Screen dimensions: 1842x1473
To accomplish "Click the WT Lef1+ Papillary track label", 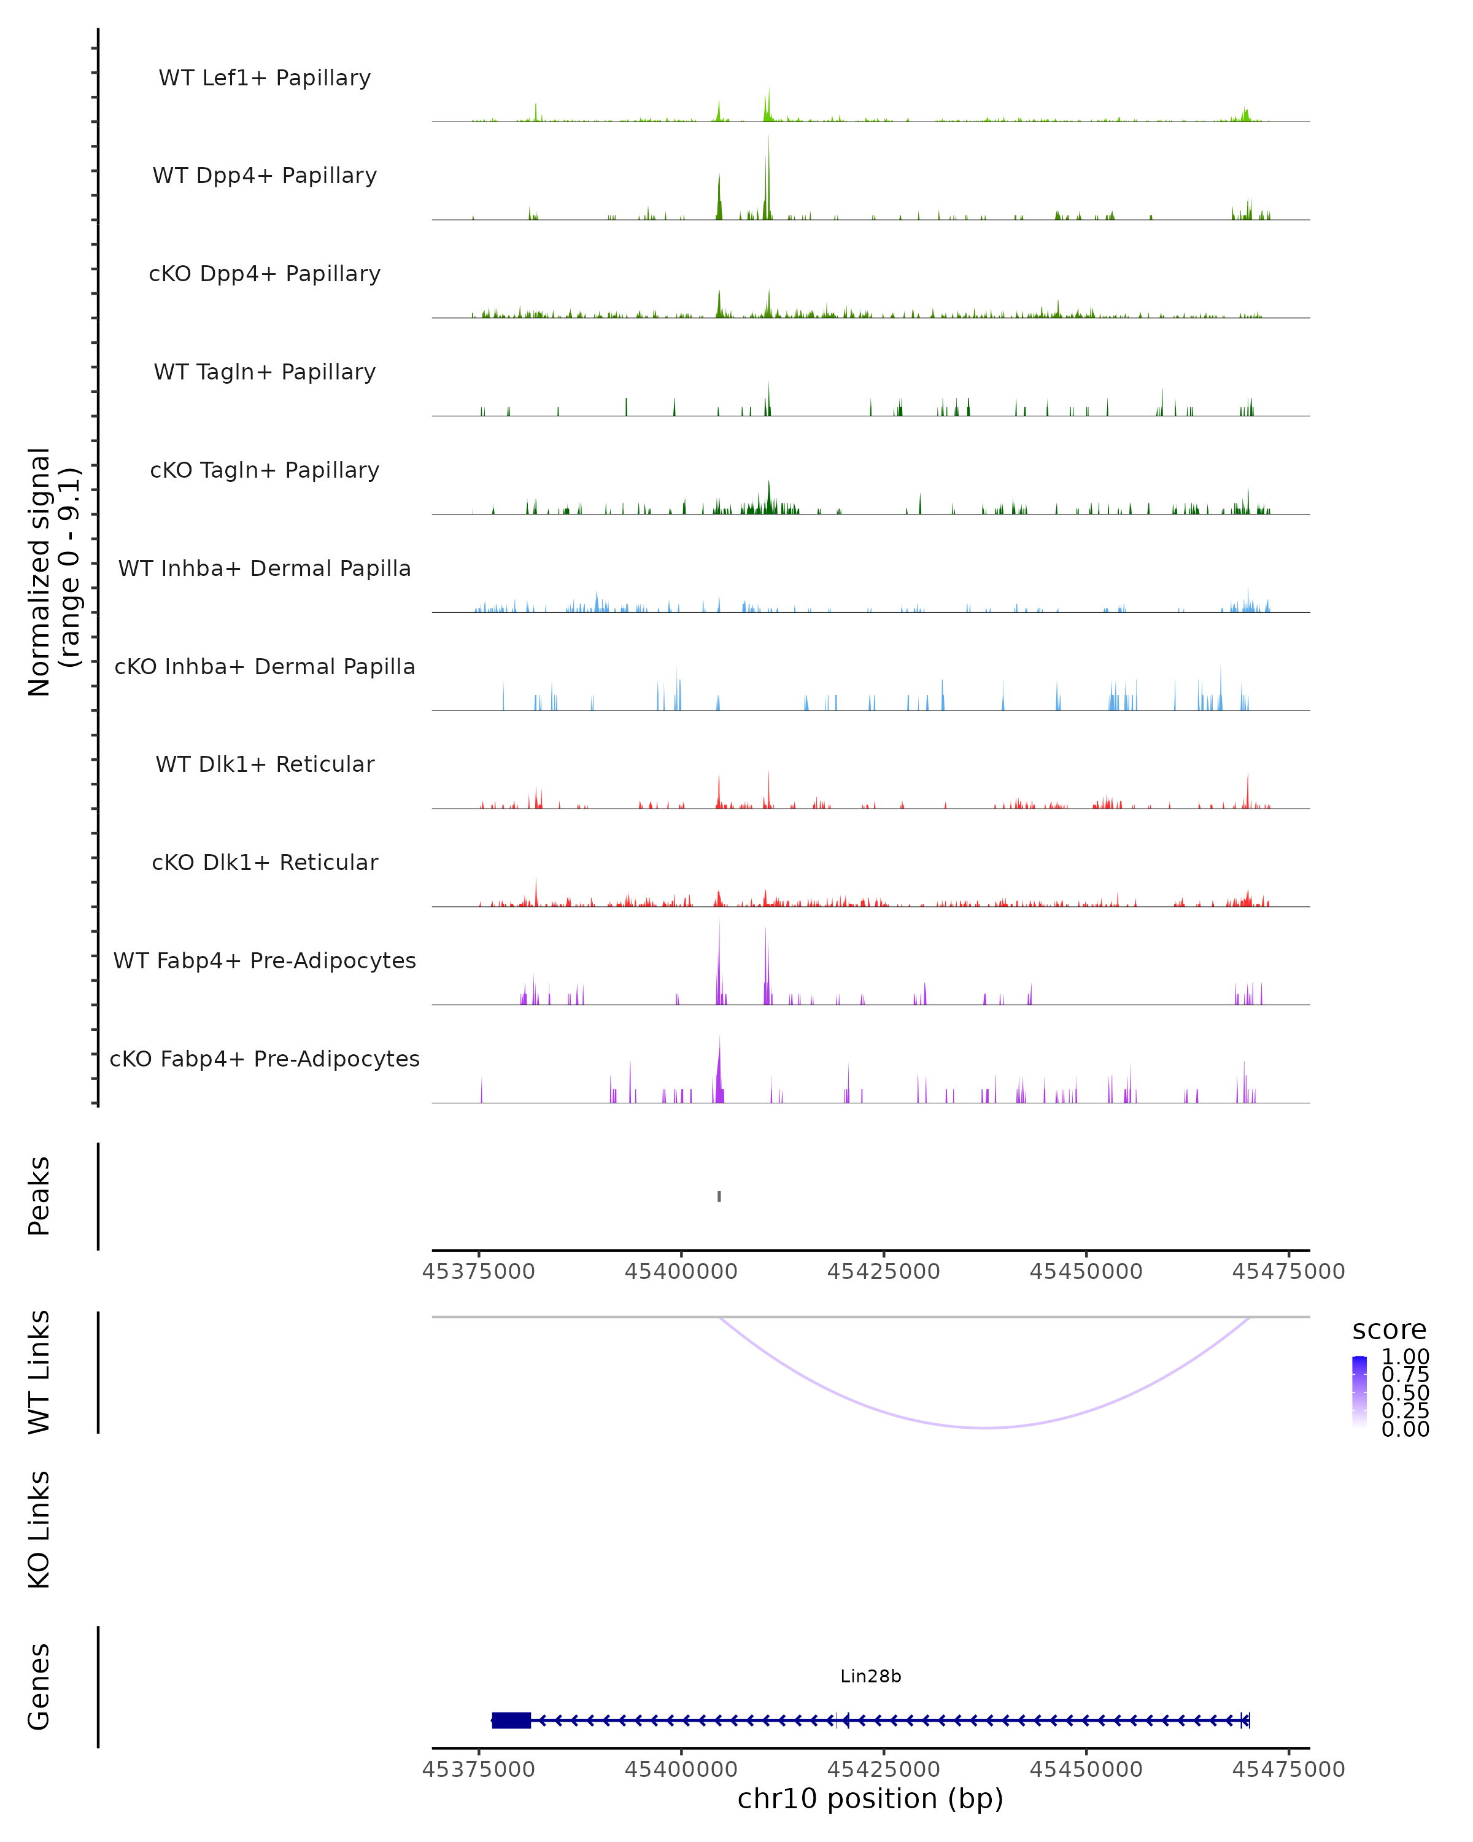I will (265, 78).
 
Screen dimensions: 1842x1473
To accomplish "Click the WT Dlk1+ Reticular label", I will (265, 764).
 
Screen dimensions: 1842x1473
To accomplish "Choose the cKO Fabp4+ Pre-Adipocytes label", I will (265, 1059).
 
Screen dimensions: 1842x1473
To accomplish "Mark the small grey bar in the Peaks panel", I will (719, 1196).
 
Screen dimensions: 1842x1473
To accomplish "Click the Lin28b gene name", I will (870, 1676).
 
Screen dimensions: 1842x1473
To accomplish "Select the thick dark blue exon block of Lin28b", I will (511, 1720).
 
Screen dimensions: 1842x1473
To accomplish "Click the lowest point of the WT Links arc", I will (986, 1427).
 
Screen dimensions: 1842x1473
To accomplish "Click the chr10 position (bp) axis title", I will (870, 1798).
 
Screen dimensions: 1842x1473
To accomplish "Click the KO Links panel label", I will (39, 1529).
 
